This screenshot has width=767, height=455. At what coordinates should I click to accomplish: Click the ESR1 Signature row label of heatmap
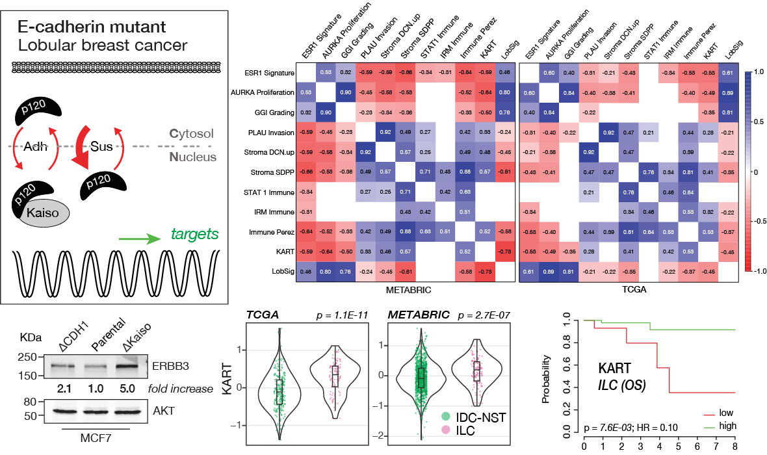pyautogui.click(x=267, y=73)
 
